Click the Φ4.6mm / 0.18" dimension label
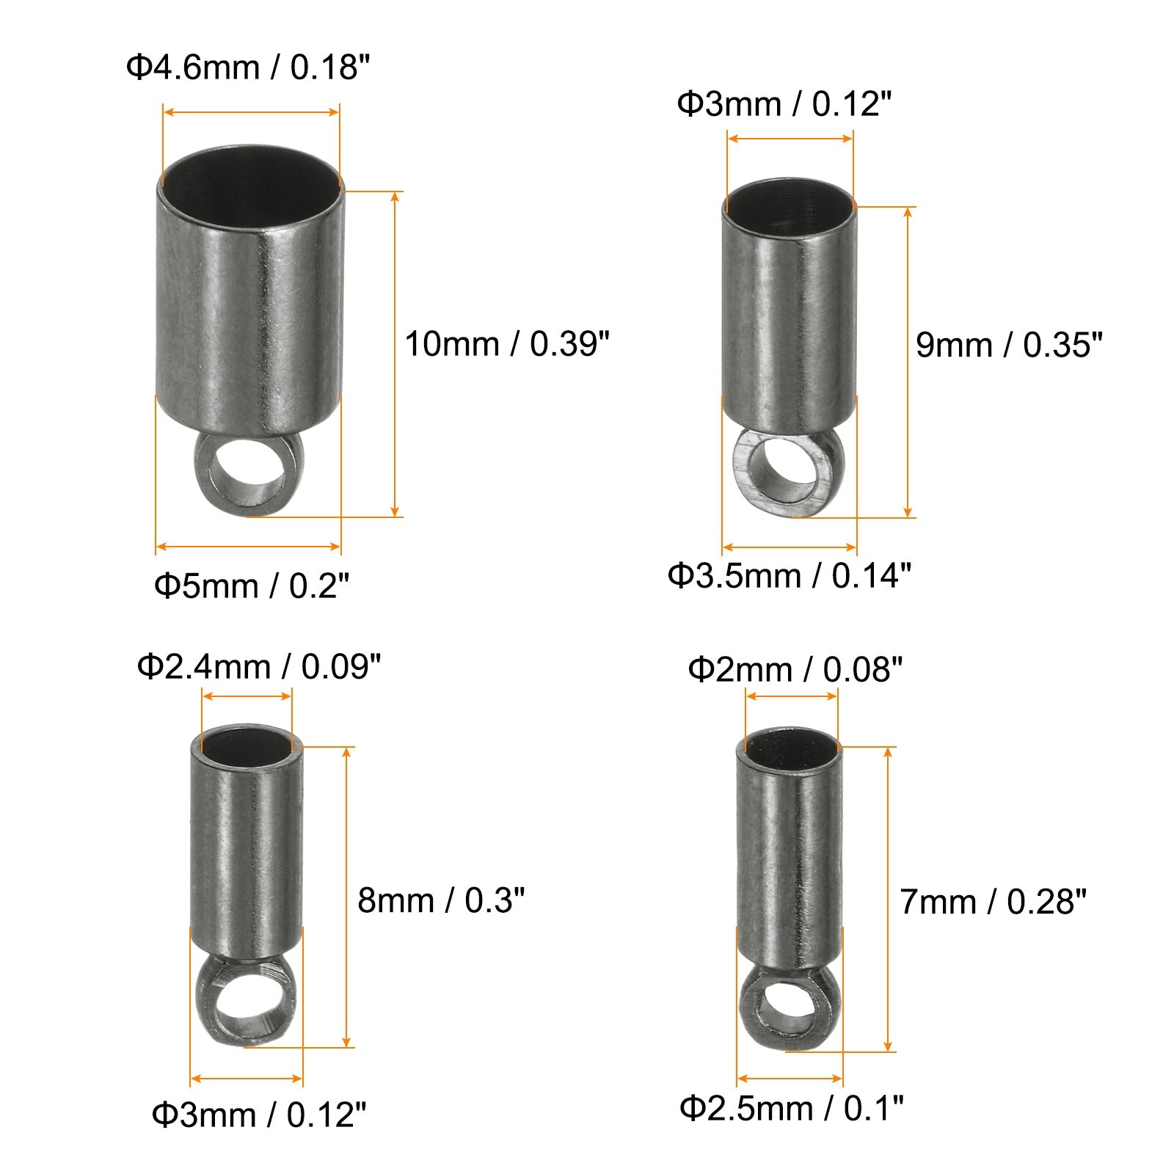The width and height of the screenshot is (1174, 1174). pos(247,68)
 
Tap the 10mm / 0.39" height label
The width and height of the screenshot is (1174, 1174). pos(507,343)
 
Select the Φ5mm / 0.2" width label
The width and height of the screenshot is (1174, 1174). pos(252,586)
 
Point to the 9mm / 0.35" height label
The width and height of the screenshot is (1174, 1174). pos(1010,344)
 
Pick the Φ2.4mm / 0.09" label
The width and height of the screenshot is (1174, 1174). pos(259,667)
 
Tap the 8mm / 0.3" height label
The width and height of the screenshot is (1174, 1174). pos(442,900)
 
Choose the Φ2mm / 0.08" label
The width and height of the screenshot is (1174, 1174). pos(795,669)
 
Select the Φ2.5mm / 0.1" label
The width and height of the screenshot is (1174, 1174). pos(792,1108)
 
